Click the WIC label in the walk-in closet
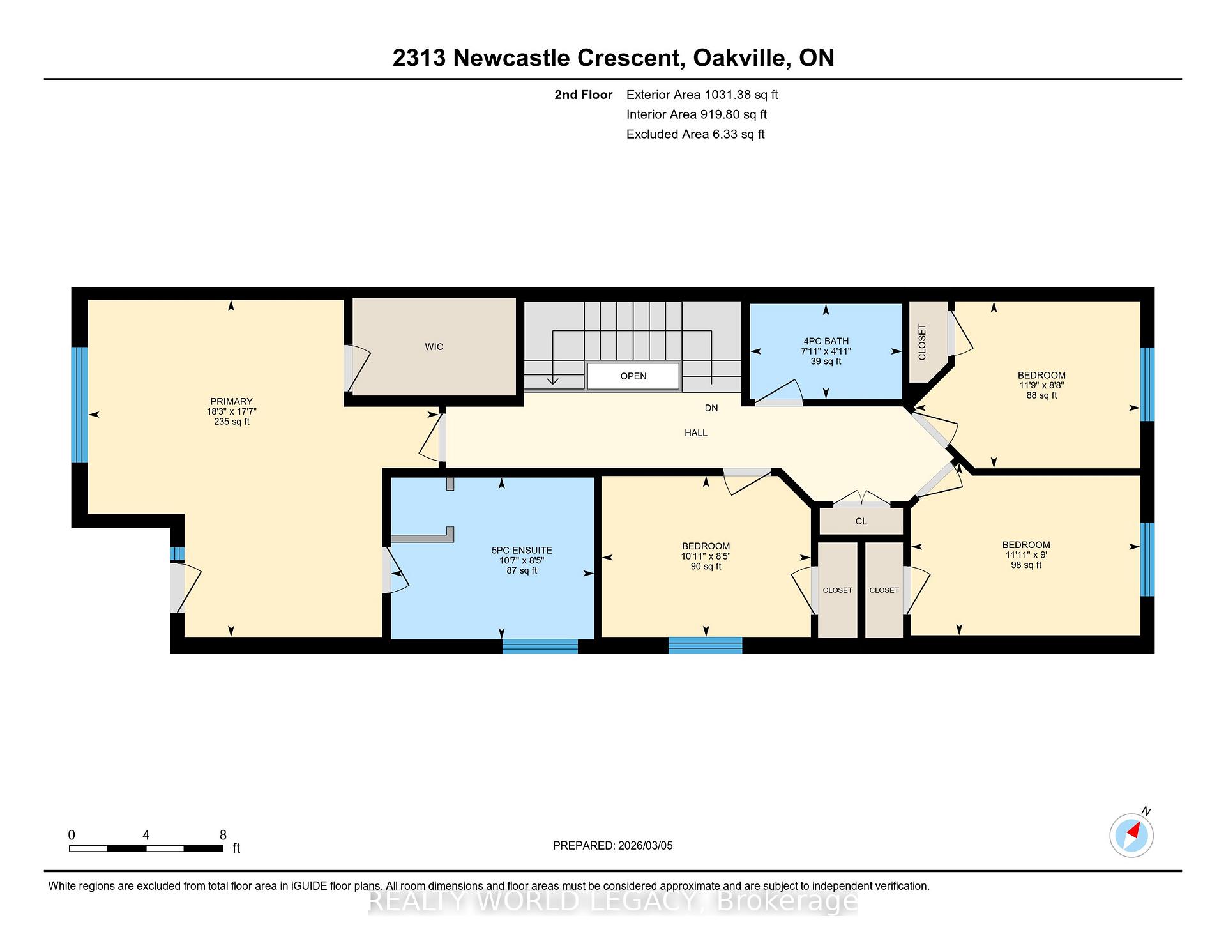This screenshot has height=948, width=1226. [x=434, y=347]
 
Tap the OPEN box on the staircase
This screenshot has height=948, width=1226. [x=633, y=376]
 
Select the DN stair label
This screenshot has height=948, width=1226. [x=711, y=408]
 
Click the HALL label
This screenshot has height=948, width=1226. [x=696, y=433]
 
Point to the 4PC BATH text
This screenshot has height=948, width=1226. [x=826, y=341]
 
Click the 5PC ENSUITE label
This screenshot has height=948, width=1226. [x=522, y=551]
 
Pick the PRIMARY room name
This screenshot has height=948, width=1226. [x=232, y=402]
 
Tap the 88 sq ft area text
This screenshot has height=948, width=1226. [x=1041, y=395]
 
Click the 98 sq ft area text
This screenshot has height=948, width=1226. [x=1026, y=565]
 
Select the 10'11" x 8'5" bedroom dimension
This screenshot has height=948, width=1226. [x=706, y=556]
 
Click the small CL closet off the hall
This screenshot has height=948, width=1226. [x=861, y=521]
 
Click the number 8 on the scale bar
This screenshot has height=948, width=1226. [x=223, y=835]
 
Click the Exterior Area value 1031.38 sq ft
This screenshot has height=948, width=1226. [x=741, y=95]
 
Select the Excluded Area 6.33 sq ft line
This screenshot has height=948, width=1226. [x=695, y=134]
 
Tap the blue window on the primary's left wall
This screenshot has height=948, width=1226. [x=79, y=404]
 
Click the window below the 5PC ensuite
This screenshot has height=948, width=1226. [x=540, y=646]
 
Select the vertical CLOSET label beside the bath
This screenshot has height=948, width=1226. [x=922, y=342]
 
